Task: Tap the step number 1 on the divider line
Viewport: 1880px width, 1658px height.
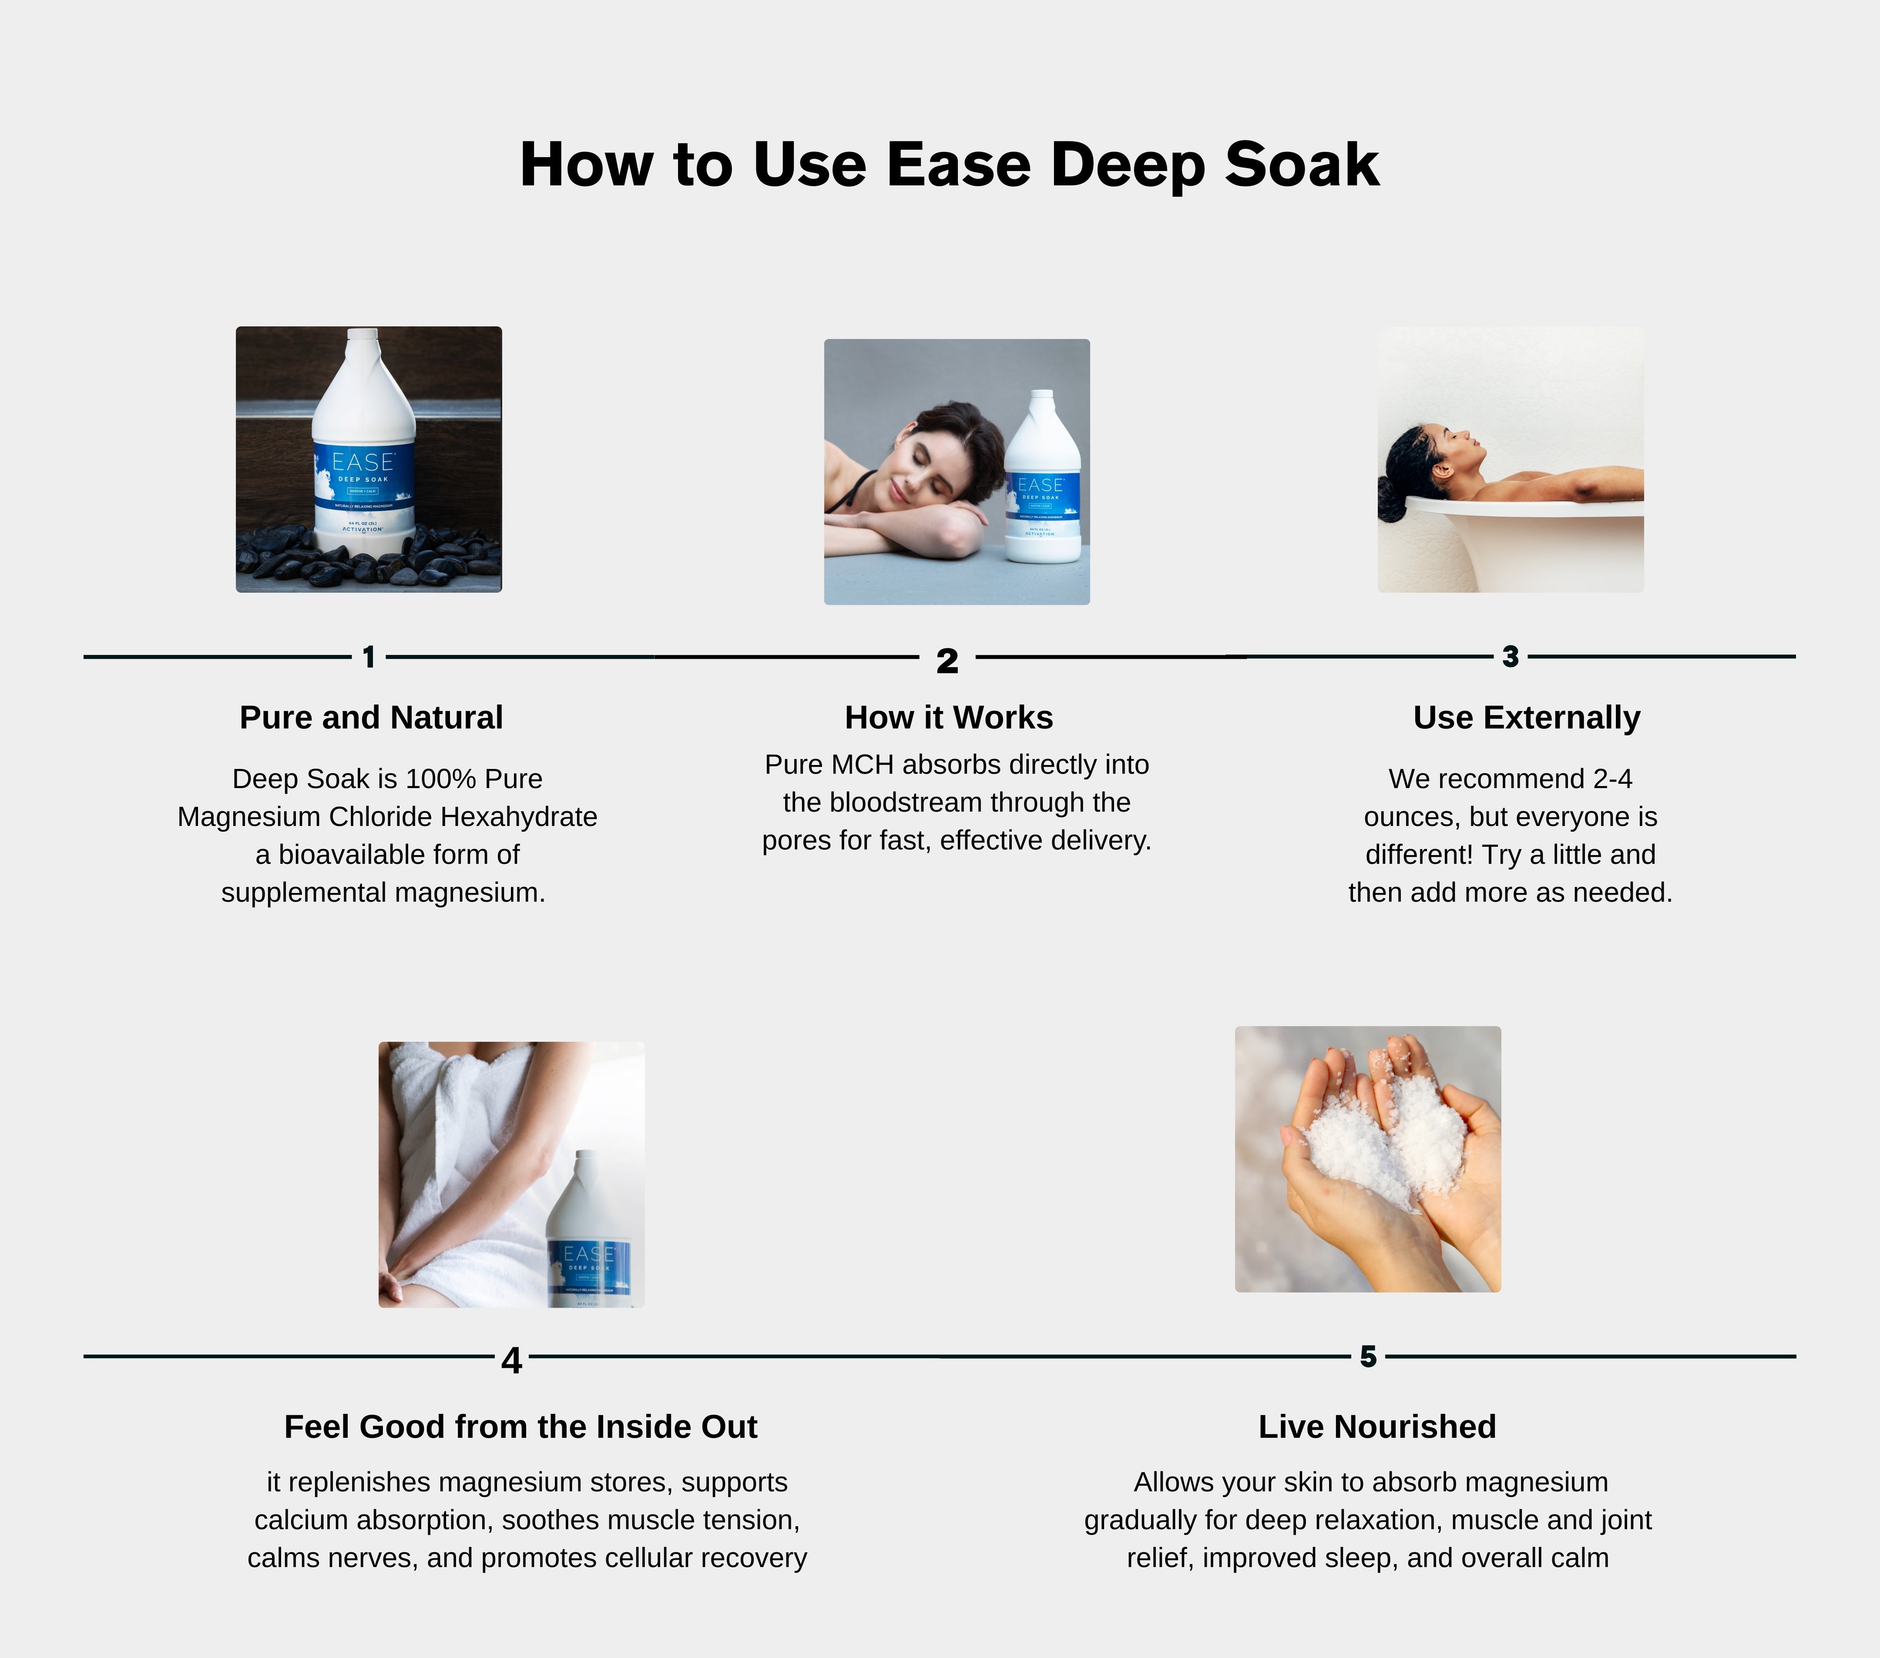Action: [369, 657]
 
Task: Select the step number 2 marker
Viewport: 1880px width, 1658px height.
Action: [947, 660]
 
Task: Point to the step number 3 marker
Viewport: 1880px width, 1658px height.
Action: [1510, 657]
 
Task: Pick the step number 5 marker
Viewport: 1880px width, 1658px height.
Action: [1369, 1356]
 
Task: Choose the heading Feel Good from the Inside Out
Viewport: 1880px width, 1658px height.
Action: [520, 1426]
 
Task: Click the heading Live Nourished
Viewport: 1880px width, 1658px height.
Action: [1377, 1426]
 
